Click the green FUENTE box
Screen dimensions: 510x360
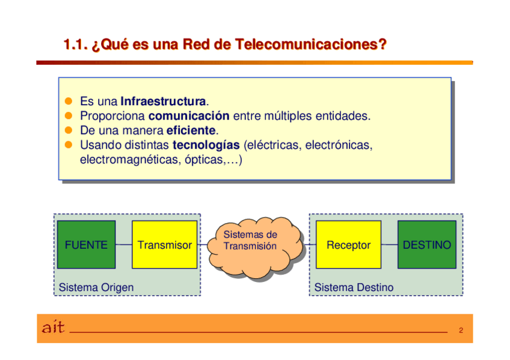click(x=86, y=245)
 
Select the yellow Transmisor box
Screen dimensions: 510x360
click(x=164, y=245)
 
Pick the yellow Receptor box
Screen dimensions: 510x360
click(x=348, y=245)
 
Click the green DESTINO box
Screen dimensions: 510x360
click(x=426, y=245)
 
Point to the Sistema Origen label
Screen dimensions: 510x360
click(x=96, y=287)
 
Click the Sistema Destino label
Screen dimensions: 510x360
click(x=354, y=287)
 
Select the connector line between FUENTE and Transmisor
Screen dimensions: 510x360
click(x=123, y=245)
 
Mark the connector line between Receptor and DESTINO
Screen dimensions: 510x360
click(x=389, y=245)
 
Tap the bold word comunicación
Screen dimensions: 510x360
click(x=189, y=115)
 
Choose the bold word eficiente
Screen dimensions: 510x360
click(x=191, y=130)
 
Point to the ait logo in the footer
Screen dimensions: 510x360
click(x=53, y=328)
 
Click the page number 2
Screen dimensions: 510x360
click(x=461, y=331)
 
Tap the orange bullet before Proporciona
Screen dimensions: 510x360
click(x=69, y=115)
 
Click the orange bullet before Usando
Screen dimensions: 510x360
click(x=69, y=145)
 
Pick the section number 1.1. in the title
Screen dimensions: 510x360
click(x=76, y=44)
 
